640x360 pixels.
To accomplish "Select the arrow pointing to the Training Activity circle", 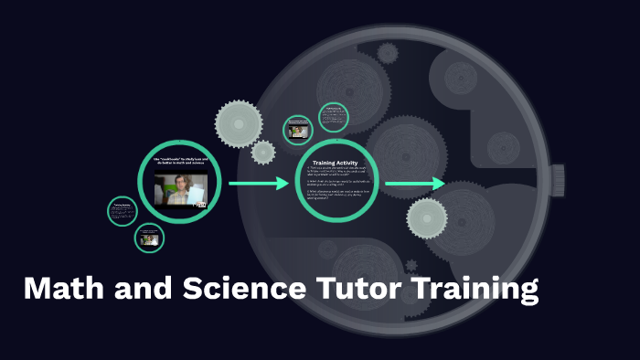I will (258, 185).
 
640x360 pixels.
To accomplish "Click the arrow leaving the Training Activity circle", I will (414, 185).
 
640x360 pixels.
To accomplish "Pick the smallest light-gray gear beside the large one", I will (263, 152).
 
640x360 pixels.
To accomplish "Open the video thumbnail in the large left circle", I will (180, 189).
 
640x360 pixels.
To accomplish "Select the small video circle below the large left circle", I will (149, 239).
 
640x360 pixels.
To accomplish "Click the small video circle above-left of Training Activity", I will (298, 130).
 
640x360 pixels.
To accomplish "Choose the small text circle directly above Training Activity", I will (334, 116).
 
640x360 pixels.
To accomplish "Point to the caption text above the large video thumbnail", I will (180, 162).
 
